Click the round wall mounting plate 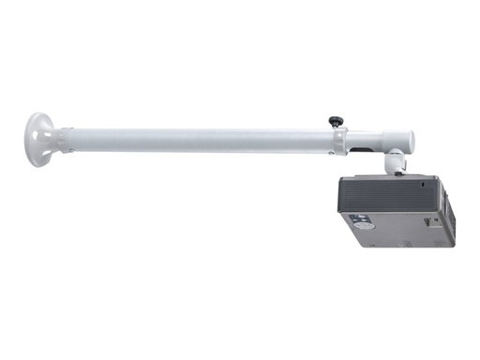pyautogui.click(x=39, y=139)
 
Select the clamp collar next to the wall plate pyautogui.click(x=62, y=138)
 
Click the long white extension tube pyautogui.click(x=197, y=141)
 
